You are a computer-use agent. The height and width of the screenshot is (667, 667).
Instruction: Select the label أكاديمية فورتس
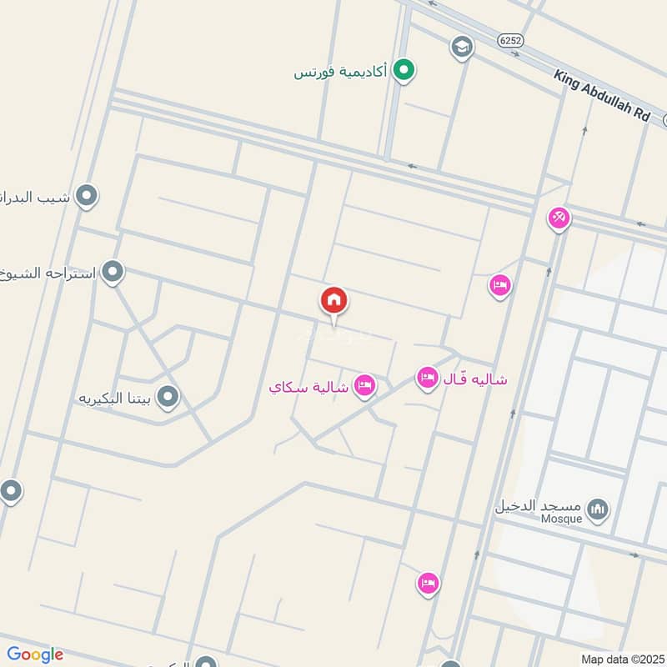click(343, 72)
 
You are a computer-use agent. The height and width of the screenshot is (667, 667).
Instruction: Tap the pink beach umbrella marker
click(559, 218)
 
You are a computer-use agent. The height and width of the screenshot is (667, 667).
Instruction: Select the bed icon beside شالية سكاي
click(364, 386)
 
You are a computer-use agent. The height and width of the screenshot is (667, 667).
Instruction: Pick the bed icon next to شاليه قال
click(428, 379)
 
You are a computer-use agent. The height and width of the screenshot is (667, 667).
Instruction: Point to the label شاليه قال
click(476, 379)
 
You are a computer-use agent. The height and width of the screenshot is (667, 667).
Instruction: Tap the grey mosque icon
click(597, 509)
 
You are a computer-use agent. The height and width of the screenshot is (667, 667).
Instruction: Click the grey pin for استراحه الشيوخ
click(113, 272)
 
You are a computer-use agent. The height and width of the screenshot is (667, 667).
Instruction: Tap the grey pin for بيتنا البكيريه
click(168, 397)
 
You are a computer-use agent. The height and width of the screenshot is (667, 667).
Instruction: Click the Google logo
click(35, 654)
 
